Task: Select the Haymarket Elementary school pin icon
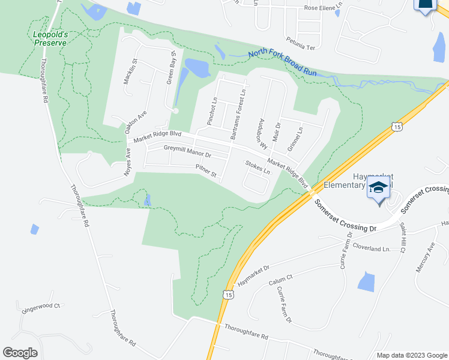379,188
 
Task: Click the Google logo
20,353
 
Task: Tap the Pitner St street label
206,172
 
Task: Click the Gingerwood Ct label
41,306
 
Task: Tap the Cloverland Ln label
371,248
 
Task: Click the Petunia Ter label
301,46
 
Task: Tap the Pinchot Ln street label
211,112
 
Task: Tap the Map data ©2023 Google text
411,355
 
